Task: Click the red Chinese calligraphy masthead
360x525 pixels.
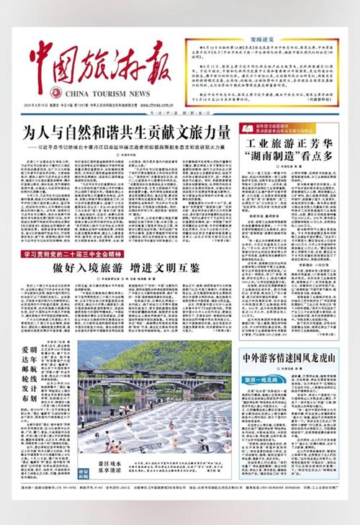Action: [x=101, y=65]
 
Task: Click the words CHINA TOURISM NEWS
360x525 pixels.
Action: [x=102, y=94]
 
